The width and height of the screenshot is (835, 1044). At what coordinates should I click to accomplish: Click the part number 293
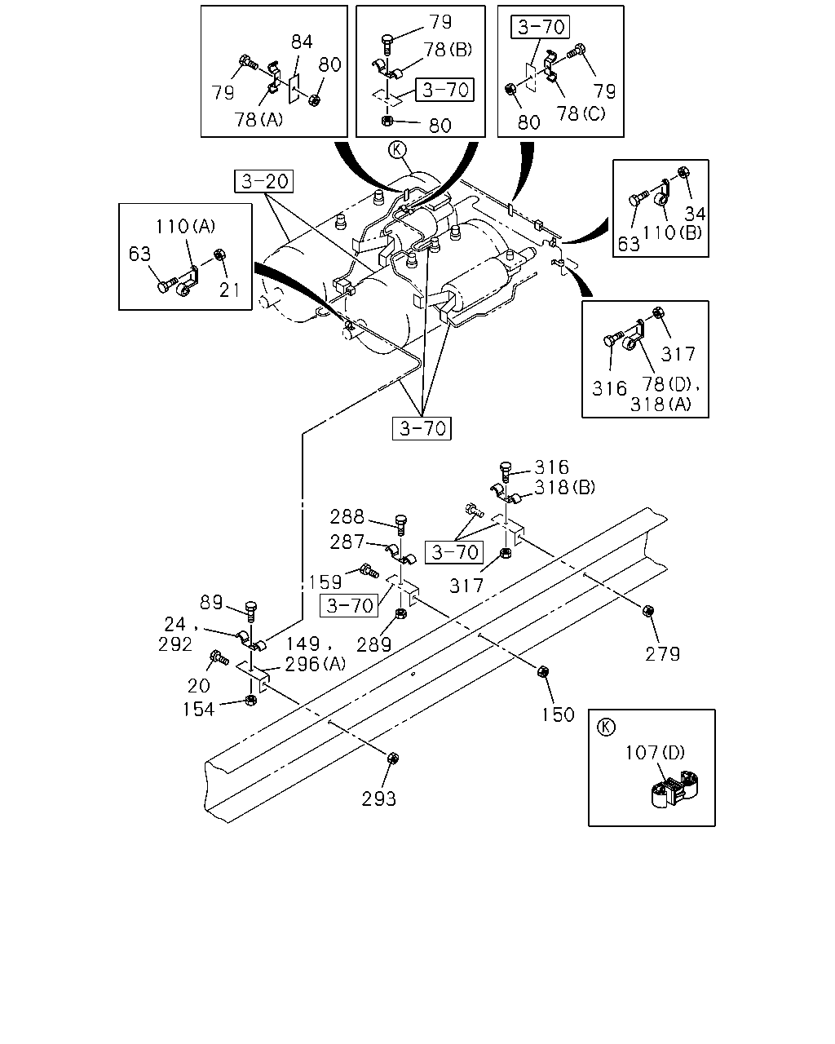click(378, 798)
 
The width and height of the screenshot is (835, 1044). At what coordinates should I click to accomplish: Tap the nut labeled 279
click(647, 611)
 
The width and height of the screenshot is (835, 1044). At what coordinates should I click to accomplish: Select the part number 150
click(558, 714)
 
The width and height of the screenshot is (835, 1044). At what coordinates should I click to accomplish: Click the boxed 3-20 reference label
click(264, 181)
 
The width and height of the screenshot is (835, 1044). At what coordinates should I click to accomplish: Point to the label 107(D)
click(655, 753)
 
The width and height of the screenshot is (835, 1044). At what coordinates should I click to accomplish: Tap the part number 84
click(301, 42)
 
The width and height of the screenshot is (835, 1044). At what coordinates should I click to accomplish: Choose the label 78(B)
click(448, 50)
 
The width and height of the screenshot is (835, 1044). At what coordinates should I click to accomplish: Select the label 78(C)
click(581, 113)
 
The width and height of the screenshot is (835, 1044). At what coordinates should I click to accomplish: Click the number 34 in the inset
click(695, 213)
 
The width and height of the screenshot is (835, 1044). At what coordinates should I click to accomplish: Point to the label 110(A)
click(185, 226)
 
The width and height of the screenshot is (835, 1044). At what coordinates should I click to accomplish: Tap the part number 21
click(229, 290)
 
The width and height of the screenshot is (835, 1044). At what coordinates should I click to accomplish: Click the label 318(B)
click(564, 487)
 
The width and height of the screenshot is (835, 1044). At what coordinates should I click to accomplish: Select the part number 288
click(347, 516)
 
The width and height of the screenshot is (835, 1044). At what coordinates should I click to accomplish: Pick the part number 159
click(325, 582)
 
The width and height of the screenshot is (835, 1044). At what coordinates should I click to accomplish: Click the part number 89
click(211, 602)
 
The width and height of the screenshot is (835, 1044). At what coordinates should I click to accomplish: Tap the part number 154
click(198, 710)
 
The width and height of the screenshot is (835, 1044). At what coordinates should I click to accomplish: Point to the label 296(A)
click(315, 664)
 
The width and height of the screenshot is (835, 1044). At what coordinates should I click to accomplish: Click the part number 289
click(373, 644)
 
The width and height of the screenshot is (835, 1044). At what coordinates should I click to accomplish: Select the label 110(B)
click(672, 233)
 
